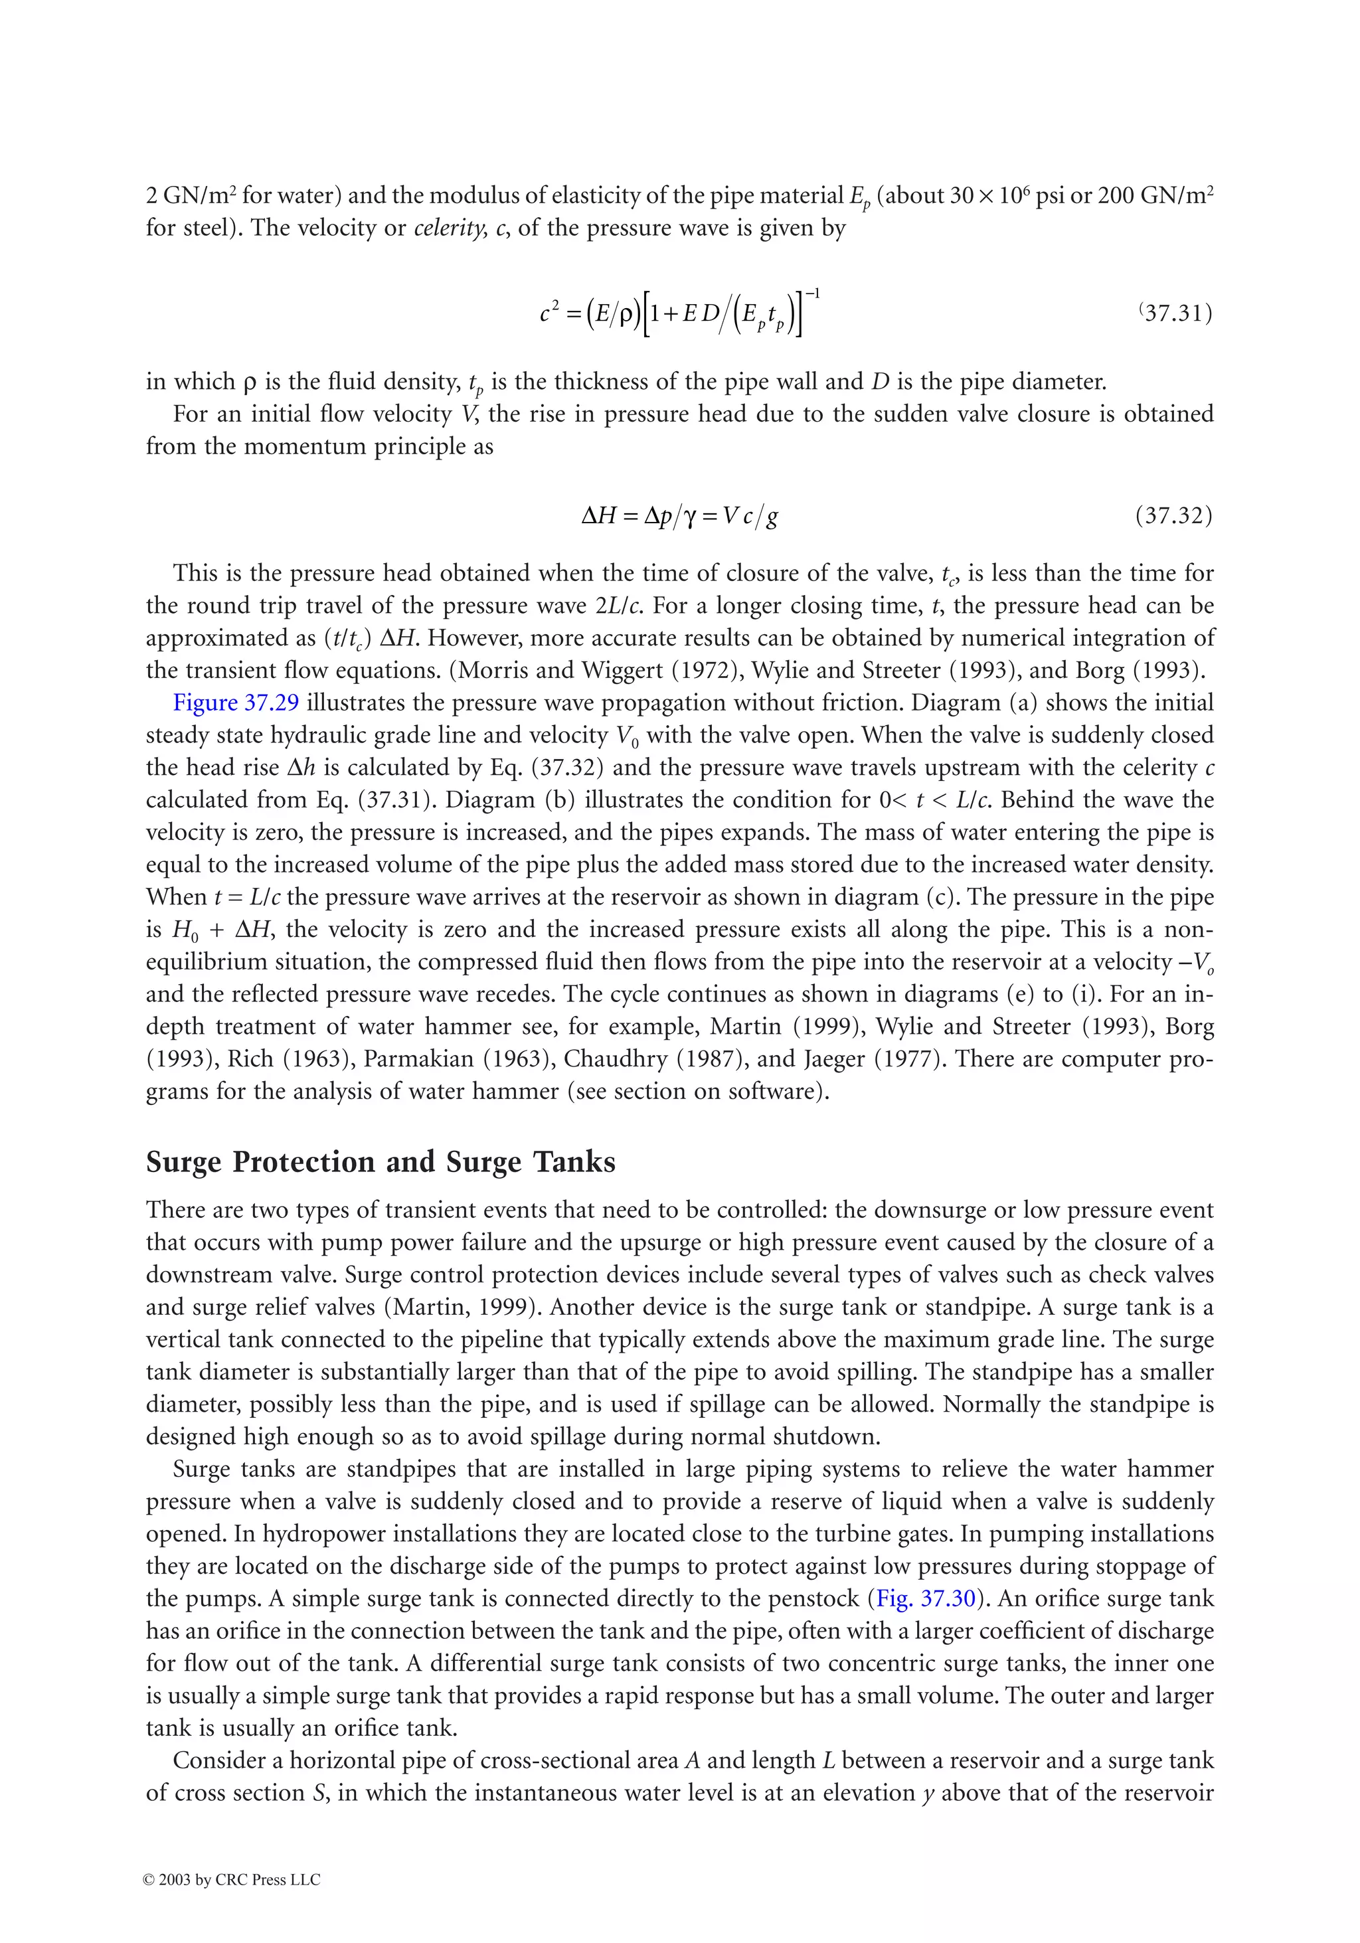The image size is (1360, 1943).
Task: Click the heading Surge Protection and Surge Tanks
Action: pyautogui.click(x=380, y=1162)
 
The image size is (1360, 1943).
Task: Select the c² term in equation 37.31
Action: pyautogui.click(x=549, y=314)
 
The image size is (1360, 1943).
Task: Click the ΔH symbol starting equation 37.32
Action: pyautogui.click(x=598, y=515)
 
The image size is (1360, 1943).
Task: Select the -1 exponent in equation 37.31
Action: pyautogui.click(x=811, y=294)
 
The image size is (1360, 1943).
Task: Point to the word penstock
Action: pyautogui.click(x=815, y=1598)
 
